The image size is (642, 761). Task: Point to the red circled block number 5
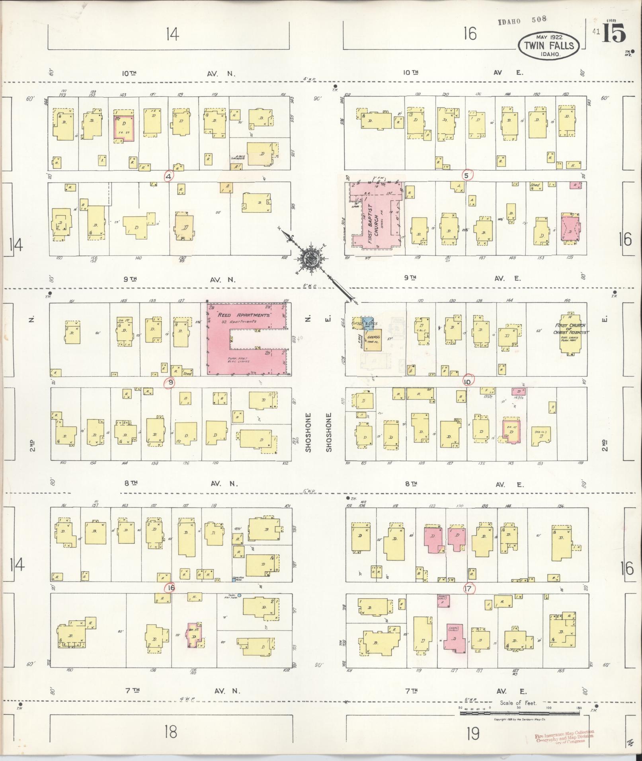pos(468,174)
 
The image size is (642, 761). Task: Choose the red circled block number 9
pos(170,382)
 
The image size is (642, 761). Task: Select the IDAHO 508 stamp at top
pos(522,20)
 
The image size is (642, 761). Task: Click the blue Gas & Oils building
pos(367,321)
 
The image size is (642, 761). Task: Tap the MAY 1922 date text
pos(548,37)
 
